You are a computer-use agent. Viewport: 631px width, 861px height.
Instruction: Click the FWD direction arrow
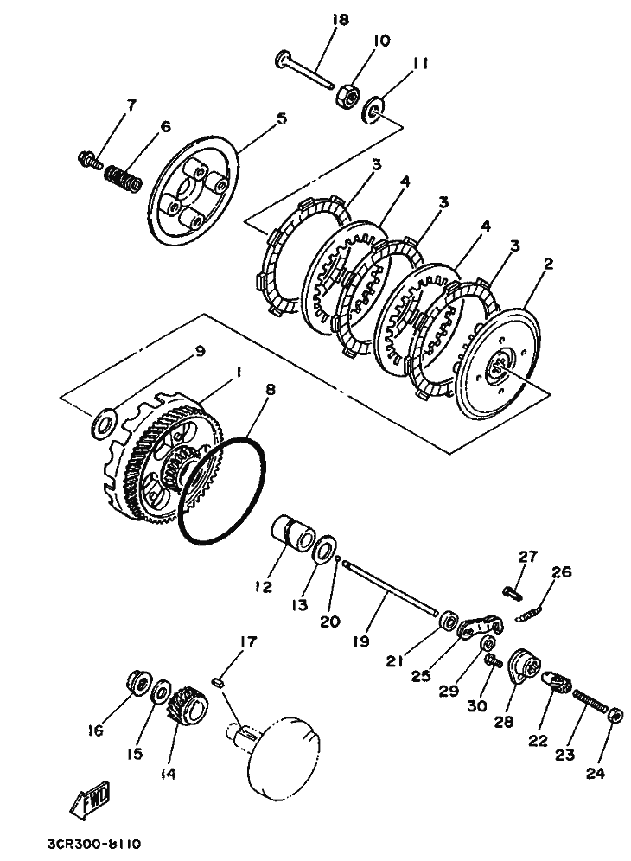[90, 798]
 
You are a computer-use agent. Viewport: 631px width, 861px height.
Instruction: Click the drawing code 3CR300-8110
[95, 843]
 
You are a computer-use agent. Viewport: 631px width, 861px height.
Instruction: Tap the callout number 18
[340, 21]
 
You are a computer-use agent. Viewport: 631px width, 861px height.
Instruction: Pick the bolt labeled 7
[90, 160]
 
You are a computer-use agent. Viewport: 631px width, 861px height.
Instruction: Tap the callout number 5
[281, 118]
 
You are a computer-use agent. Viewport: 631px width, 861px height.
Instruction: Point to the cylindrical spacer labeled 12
[293, 533]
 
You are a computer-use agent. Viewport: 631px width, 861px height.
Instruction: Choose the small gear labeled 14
[187, 705]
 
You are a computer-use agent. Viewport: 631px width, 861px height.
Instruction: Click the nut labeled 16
[138, 683]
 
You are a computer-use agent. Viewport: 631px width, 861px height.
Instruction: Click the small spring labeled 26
[531, 614]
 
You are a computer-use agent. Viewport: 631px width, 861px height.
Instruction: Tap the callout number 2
[547, 265]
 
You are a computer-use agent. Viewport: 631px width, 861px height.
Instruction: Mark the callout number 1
[238, 373]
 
